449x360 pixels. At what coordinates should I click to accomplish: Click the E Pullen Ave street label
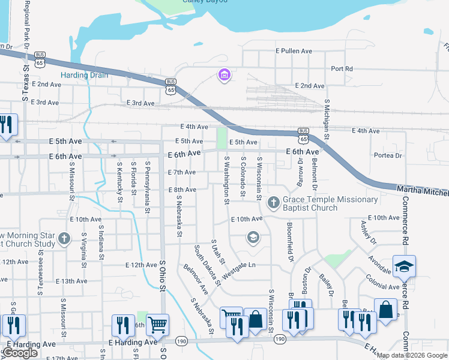[x=294, y=52]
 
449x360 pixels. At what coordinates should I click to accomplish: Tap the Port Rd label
[x=341, y=69]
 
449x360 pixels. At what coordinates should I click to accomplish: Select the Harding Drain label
[x=84, y=76]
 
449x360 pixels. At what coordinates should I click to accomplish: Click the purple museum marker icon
[x=224, y=76]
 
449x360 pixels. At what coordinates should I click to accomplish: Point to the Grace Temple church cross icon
[x=273, y=203]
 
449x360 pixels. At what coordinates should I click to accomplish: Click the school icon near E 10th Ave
[x=253, y=238]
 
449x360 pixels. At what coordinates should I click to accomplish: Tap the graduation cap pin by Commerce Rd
[x=404, y=266]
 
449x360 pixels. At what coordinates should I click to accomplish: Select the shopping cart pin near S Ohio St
[x=157, y=325]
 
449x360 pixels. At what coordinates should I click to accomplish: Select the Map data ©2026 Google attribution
[x=412, y=355]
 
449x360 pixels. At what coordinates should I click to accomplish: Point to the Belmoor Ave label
[x=196, y=279]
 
